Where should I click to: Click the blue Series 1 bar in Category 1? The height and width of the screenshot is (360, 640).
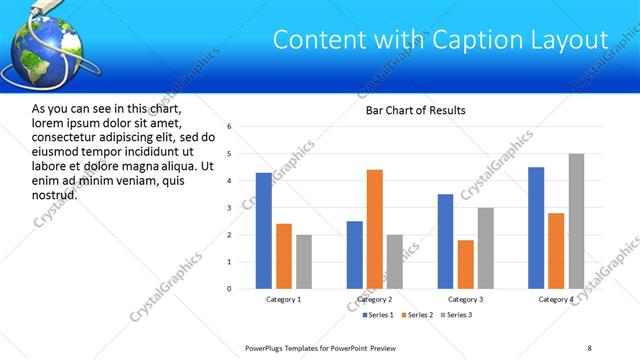263,230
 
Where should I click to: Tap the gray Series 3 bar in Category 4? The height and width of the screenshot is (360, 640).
576,221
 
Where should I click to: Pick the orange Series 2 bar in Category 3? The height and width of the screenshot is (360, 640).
466,264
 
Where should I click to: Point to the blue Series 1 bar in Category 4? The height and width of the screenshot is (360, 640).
536,228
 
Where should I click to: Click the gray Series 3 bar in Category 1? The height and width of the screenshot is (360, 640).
304,261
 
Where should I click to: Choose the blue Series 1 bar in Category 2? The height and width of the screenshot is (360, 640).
355,254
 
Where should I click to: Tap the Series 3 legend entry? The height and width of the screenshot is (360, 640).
456,316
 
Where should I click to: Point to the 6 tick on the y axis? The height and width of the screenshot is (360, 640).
229,127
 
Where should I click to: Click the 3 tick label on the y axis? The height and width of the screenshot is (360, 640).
229,208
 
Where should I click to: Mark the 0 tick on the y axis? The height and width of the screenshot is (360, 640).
229,289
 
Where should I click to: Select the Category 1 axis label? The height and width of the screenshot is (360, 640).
284,300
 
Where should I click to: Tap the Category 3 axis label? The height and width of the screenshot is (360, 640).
466,300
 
